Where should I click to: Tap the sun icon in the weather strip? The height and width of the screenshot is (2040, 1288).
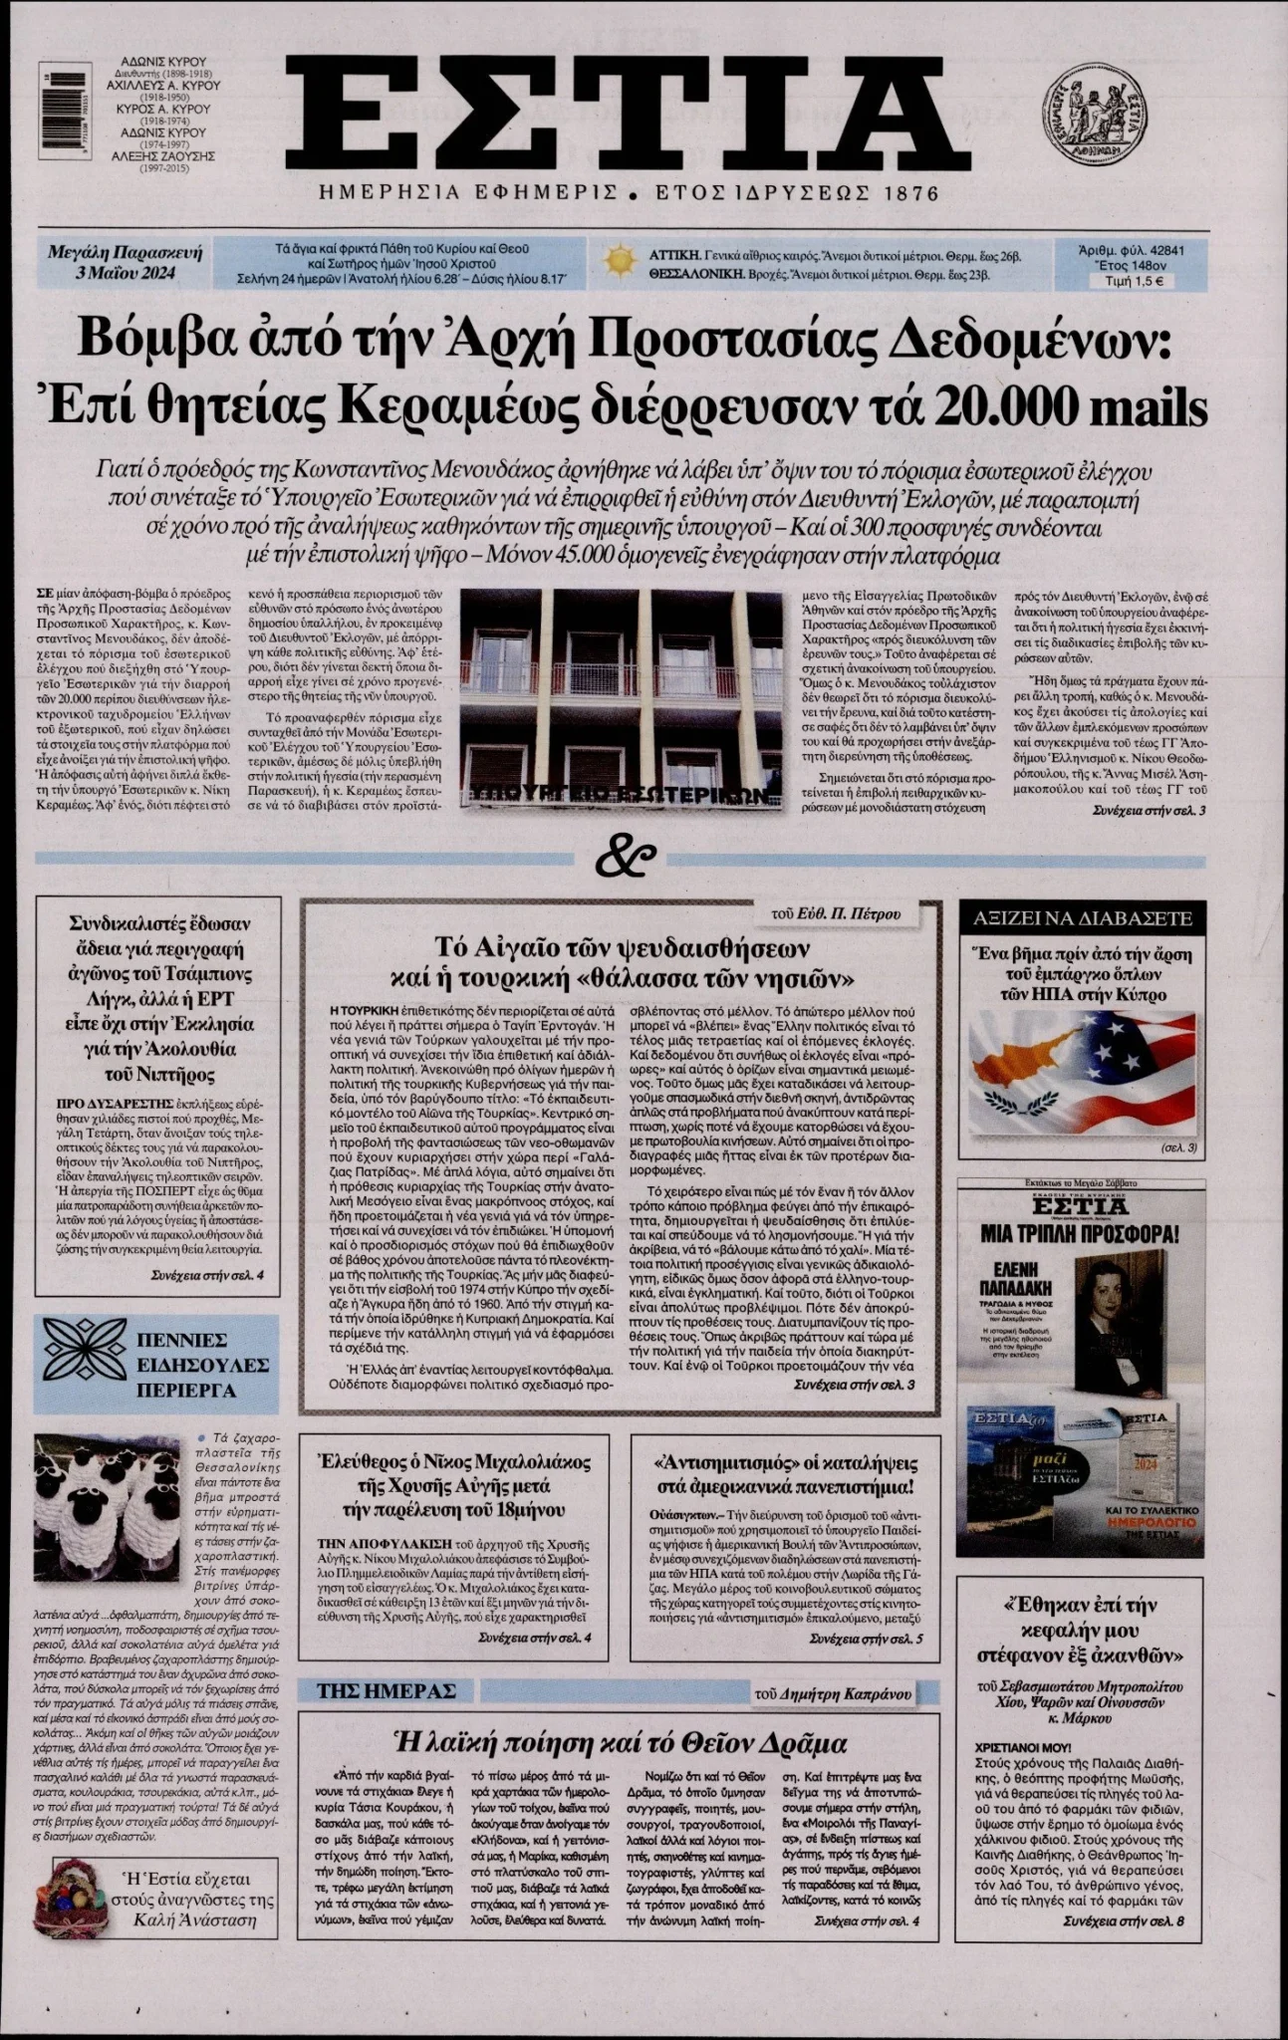coord(620,261)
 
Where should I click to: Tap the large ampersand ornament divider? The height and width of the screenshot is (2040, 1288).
coord(627,856)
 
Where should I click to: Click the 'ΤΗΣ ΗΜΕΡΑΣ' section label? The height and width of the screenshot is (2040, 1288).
coord(386,1691)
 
